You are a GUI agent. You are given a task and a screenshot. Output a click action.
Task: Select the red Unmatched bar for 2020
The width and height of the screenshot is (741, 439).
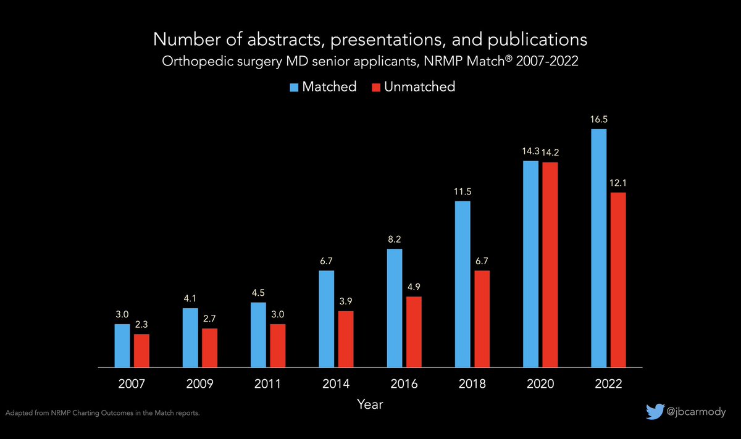550,265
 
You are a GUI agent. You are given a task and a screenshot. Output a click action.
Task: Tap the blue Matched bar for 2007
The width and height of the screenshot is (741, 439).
122,346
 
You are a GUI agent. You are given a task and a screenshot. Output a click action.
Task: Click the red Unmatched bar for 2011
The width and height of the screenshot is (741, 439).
278,346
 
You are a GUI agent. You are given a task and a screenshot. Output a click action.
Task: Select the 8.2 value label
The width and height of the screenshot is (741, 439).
394,239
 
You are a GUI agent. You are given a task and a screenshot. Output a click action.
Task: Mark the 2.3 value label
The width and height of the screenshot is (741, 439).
142,324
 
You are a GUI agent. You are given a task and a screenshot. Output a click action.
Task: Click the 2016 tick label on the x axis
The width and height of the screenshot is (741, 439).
404,384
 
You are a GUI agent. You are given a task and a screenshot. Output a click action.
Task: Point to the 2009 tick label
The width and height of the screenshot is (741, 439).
200,384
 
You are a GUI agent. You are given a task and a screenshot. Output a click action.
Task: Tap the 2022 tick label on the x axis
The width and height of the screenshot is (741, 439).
608,384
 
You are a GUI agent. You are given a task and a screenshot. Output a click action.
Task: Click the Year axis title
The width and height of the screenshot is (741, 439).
370,405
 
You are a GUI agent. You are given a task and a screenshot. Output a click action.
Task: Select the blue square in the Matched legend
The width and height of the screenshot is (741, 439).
295,87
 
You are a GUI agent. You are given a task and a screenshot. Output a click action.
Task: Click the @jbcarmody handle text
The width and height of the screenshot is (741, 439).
697,412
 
